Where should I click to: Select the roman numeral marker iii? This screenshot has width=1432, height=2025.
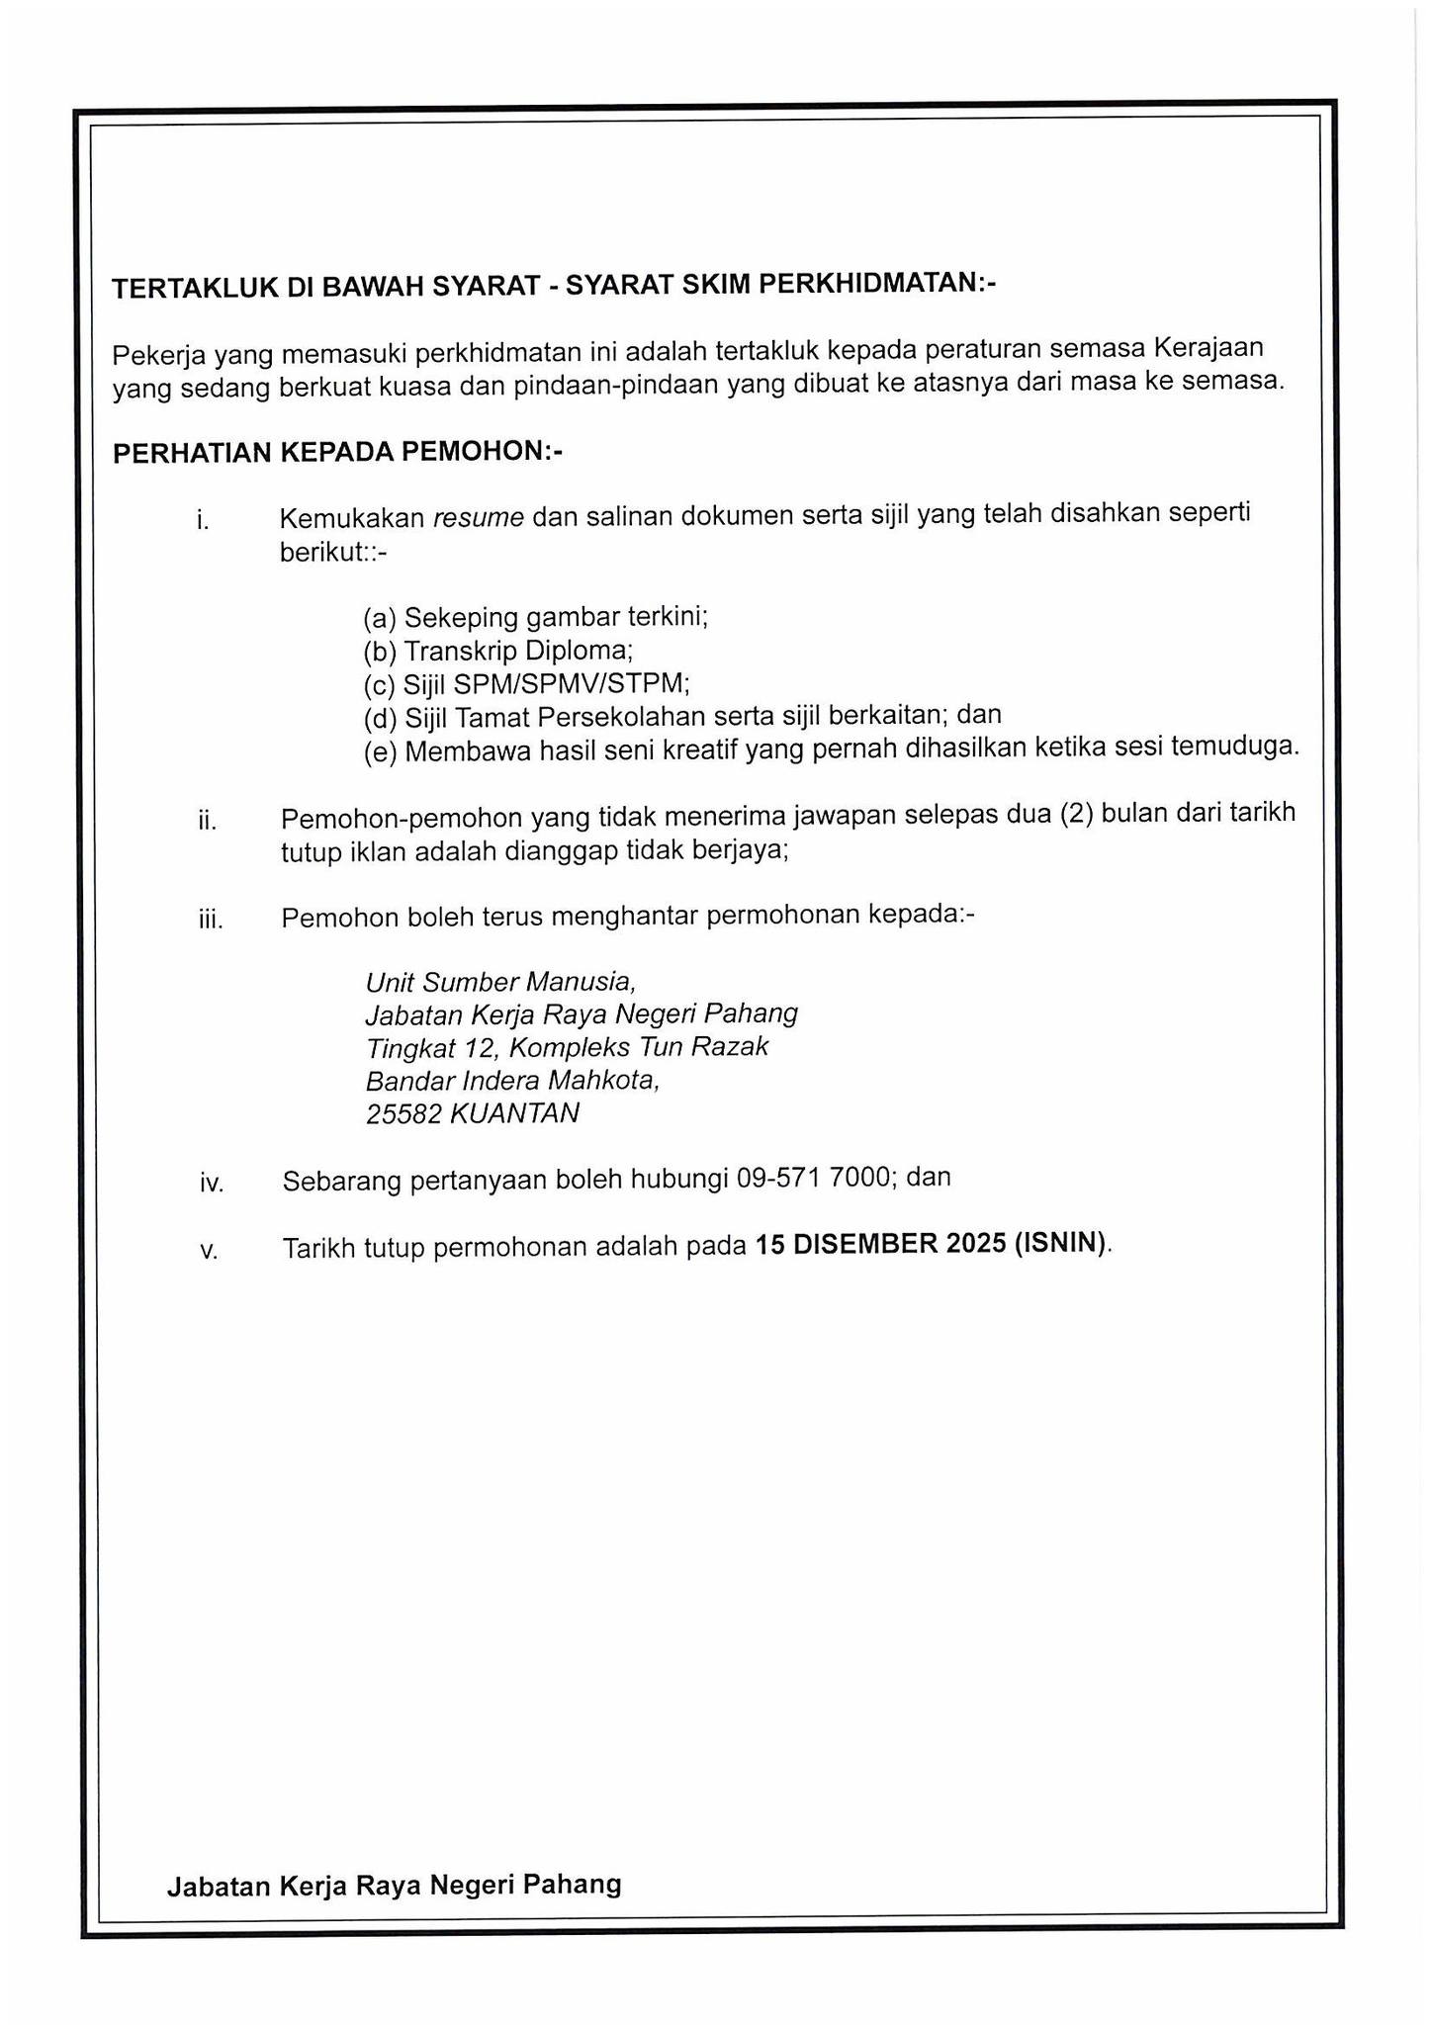[211, 921]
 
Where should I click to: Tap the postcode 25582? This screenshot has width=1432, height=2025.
[403, 1114]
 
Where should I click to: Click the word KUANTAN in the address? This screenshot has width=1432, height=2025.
[514, 1114]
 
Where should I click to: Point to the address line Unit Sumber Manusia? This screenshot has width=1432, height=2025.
[499, 982]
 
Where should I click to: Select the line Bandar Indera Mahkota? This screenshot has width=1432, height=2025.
[512, 1081]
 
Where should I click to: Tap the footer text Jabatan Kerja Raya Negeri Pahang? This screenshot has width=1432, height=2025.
[394, 1886]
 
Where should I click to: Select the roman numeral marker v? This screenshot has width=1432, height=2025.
[208, 1251]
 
